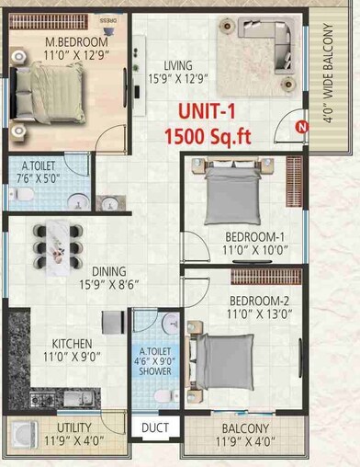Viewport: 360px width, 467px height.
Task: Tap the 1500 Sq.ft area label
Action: (209, 138)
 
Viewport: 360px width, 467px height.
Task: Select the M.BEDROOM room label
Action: (77, 42)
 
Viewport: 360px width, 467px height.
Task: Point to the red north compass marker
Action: (300, 127)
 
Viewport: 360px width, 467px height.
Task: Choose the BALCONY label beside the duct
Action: (243, 429)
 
